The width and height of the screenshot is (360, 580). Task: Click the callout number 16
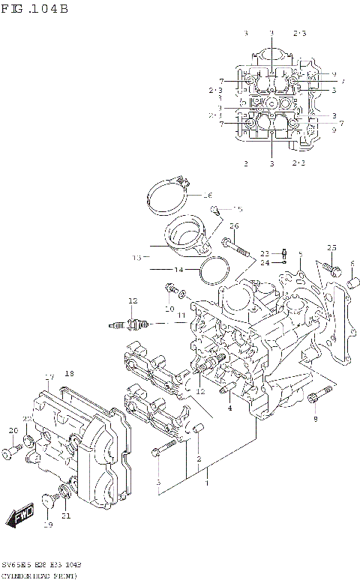(208, 195)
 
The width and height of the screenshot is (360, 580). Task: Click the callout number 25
(331, 248)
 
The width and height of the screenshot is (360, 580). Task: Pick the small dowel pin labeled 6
(350, 284)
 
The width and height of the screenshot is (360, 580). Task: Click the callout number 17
(49, 376)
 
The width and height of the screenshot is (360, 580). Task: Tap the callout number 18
(69, 373)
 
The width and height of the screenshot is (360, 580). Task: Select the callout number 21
(66, 516)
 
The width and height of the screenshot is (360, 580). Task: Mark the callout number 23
(265, 253)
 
